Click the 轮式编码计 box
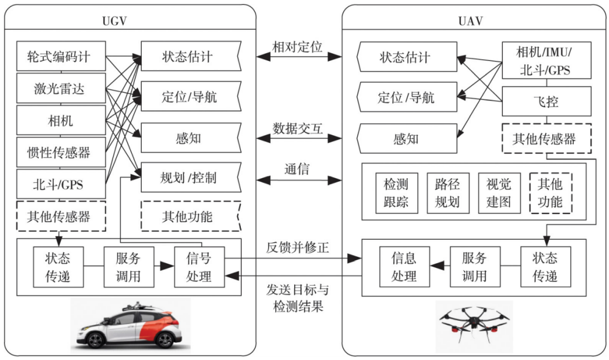tap(62, 57)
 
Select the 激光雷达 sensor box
tap(62, 89)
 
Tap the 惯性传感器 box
tap(62, 153)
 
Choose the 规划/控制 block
tap(188, 177)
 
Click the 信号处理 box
tap(199, 267)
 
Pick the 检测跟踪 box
tap(396, 194)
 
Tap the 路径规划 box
tap(447, 194)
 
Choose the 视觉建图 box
tap(498, 194)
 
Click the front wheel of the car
tap(96, 339)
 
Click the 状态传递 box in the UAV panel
tap(545, 267)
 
